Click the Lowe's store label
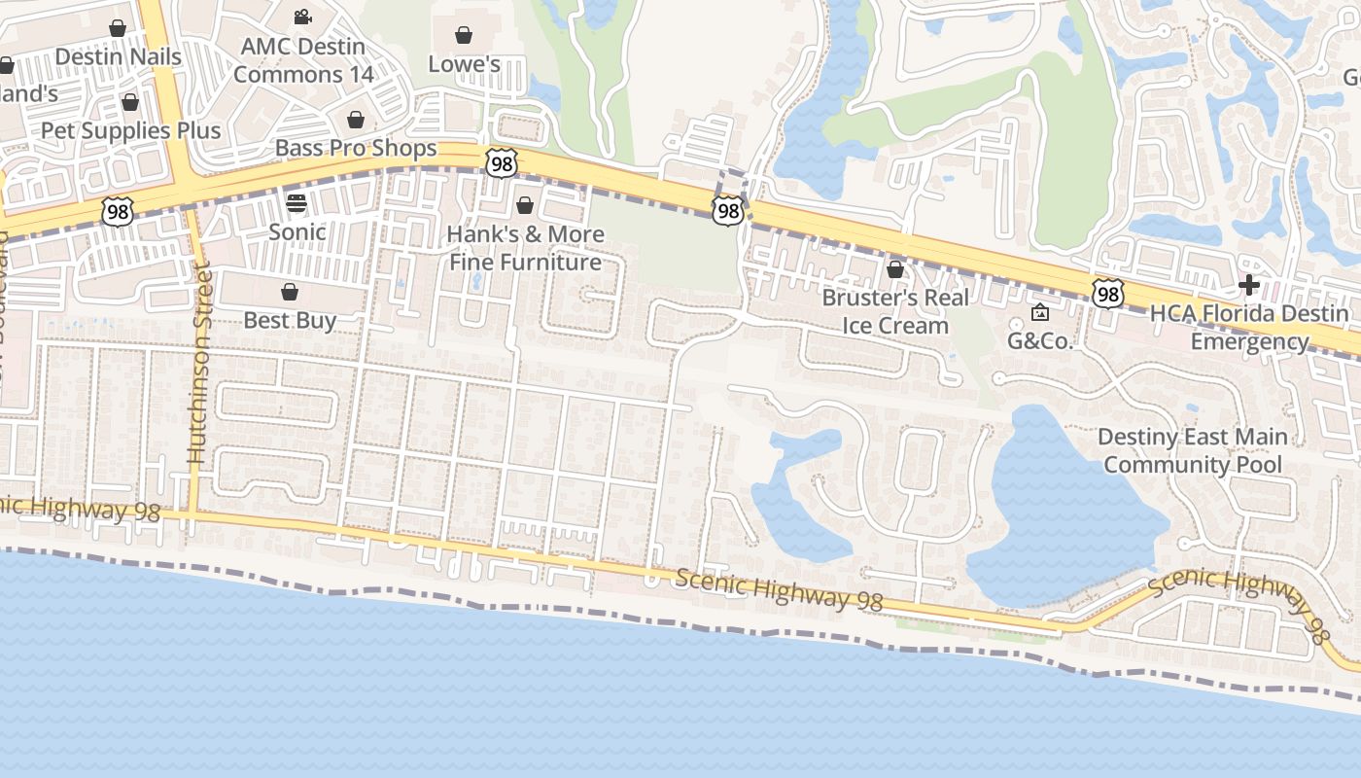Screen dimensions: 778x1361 coord(465,64)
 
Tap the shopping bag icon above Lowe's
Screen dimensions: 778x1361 coord(465,36)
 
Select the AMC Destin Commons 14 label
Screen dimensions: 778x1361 coord(302,60)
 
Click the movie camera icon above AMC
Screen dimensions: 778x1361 coord(302,17)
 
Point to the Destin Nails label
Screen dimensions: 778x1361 coord(118,57)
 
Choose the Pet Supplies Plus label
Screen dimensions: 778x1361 coord(130,130)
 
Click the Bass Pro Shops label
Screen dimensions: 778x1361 coord(356,148)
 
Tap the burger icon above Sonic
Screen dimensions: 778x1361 coord(297,203)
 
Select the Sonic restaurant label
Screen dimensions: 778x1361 coord(297,231)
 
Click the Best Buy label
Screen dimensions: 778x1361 coord(290,320)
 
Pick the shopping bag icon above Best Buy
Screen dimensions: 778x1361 coord(290,292)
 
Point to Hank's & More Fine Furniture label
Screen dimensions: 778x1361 coord(526,248)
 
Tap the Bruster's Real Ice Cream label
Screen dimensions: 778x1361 coord(895,311)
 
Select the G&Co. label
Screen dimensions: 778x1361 coord(1039,340)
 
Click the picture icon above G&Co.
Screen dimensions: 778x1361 coord(1039,312)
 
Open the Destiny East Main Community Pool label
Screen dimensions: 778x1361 coord(1193,450)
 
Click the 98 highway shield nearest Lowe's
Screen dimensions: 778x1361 coord(501,162)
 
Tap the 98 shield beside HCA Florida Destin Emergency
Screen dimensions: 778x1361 coord(1107,293)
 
